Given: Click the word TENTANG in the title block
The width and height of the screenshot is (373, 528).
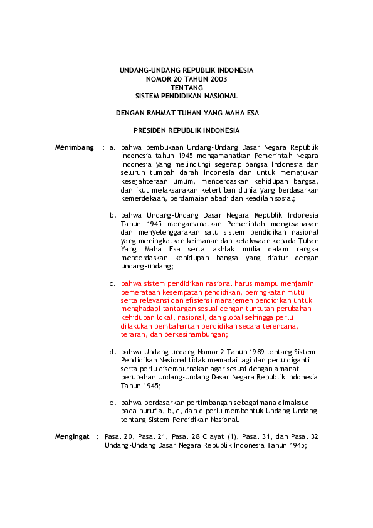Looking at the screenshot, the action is tap(186, 88).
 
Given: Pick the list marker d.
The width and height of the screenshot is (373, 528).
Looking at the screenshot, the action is tap(112, 352).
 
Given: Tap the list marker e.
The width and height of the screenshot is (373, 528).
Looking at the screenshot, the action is tap(112, 402).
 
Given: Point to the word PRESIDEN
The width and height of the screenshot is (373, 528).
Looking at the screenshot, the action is tap(150, 130).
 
